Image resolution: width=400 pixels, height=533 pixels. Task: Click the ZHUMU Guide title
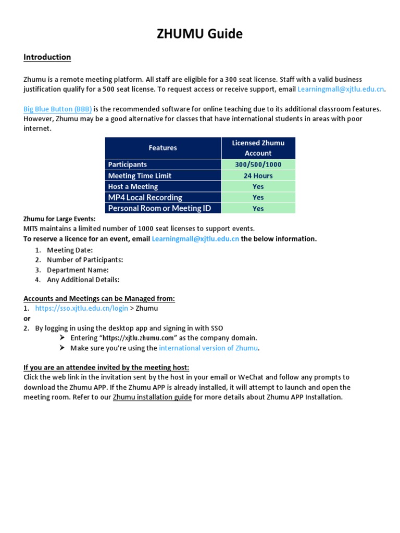pyautogui.click(x=200, y=34)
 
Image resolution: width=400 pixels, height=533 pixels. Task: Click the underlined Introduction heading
pyautogui.click(x=47, y=57)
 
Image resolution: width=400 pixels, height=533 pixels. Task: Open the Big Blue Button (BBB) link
pyautogui.click(x=57, y=109)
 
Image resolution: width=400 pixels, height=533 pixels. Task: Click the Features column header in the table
pyautogui.click(x=162, y=148)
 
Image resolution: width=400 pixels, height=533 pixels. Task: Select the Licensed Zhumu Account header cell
pyautogui.click(x=258, y=148)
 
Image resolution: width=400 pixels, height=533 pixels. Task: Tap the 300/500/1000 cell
pyautogui.click(x=258, y=164)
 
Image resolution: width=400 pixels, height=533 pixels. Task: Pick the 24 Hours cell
pyautogui.click(x=258, y=175)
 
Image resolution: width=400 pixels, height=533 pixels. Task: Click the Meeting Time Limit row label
pyautogui.click(x=140, y=175)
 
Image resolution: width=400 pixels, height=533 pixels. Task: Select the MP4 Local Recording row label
pyautogui.click(x=145, y=197)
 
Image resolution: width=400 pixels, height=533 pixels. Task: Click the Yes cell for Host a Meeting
pyautogui.click(x=258, y=186)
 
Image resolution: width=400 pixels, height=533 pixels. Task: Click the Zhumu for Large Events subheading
pyautogui.click(x=59, y=219)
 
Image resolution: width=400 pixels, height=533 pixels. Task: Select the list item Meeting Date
pyautogui.click(x=70, y=250)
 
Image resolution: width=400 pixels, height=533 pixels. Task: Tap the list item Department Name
pyautogui.click(x=78, y=270)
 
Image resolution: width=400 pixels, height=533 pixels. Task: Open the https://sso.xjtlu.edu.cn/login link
pyautogui.click(x=81, y=308)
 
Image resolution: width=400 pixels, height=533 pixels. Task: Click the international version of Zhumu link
pyautogui.click(x=208, y=348)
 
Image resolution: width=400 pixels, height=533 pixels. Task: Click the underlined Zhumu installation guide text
pyautogui.click(x=152, y=397)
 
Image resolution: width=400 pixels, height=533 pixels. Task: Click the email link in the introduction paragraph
pyautogui.click(x=340, y=89)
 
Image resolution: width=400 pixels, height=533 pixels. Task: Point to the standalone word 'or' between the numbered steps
pyautogui.click(x=27, y=318)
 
